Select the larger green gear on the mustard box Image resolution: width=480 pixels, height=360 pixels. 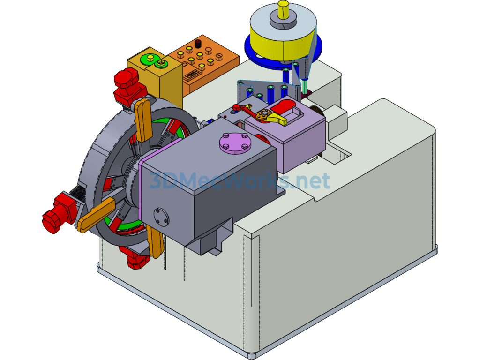[x=148, y=59]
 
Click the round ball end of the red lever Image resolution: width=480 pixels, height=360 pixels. [x=236, y=107]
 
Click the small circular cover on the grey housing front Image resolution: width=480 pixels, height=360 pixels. [x=161, y=217]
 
